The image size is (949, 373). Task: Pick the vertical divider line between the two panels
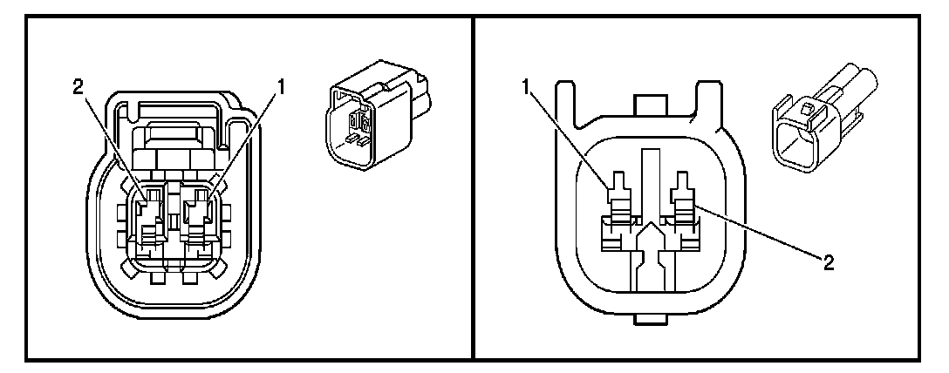(x=473, y=186)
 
